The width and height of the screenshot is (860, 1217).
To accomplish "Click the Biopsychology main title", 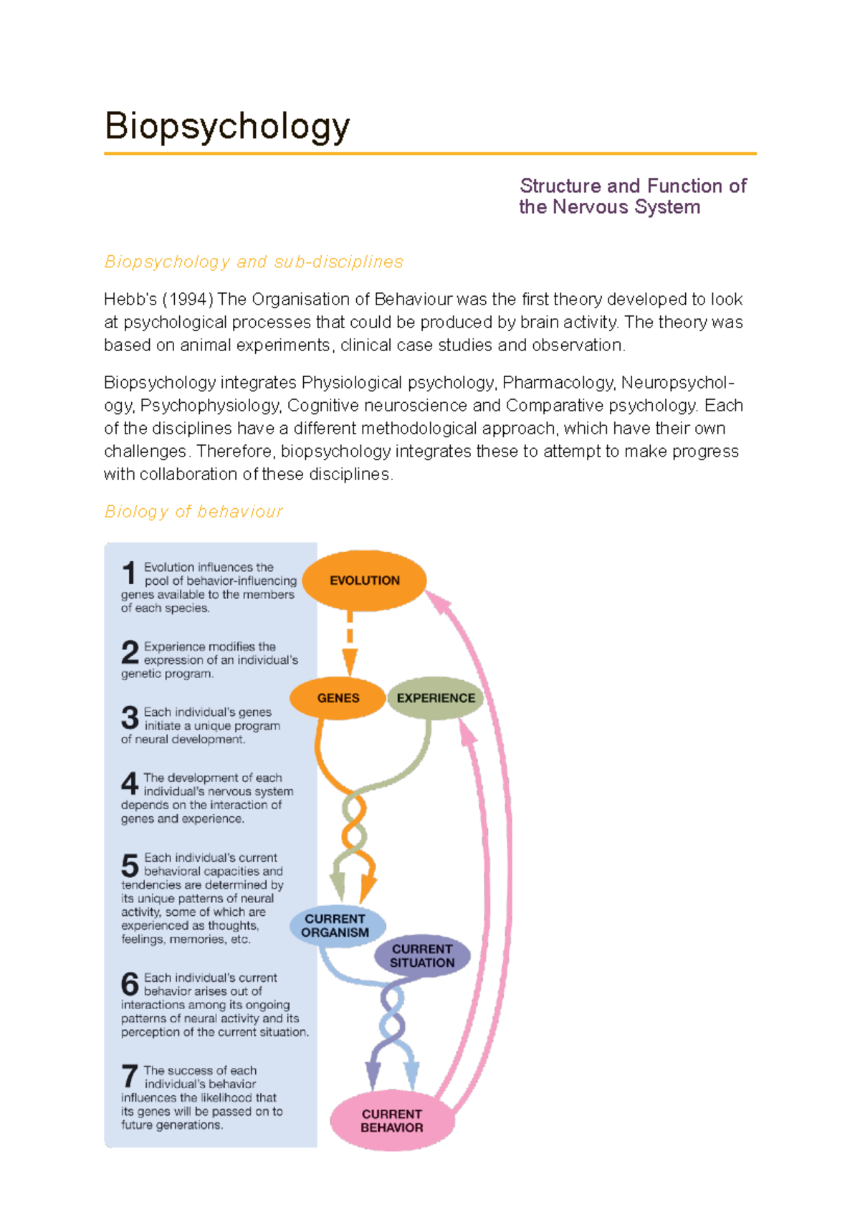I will tap(227, 127).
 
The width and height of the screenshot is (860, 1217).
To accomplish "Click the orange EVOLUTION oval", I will tap(364, 581).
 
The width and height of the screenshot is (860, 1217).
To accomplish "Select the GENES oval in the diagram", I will tap(338, 698).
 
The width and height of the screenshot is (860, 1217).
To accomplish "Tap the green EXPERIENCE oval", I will tap(435, 698).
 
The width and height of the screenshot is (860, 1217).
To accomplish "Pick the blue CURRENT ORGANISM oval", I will tap(335, 925).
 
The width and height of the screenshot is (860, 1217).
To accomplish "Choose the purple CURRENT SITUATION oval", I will tap(422, 956).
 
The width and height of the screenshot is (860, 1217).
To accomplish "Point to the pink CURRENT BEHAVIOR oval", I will tap(391, 1121).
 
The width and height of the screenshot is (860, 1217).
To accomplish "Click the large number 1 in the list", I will tap(129, 573).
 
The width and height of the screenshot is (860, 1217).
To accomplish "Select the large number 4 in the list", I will tap(130, 783).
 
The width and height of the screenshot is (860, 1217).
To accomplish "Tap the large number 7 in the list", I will tap(130, 1077).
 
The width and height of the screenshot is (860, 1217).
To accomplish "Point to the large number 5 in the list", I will tap(130, 865).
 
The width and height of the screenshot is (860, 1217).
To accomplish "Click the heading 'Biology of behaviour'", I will tap(193, 512).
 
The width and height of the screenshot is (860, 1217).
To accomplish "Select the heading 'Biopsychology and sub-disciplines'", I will tap(254, 262).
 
